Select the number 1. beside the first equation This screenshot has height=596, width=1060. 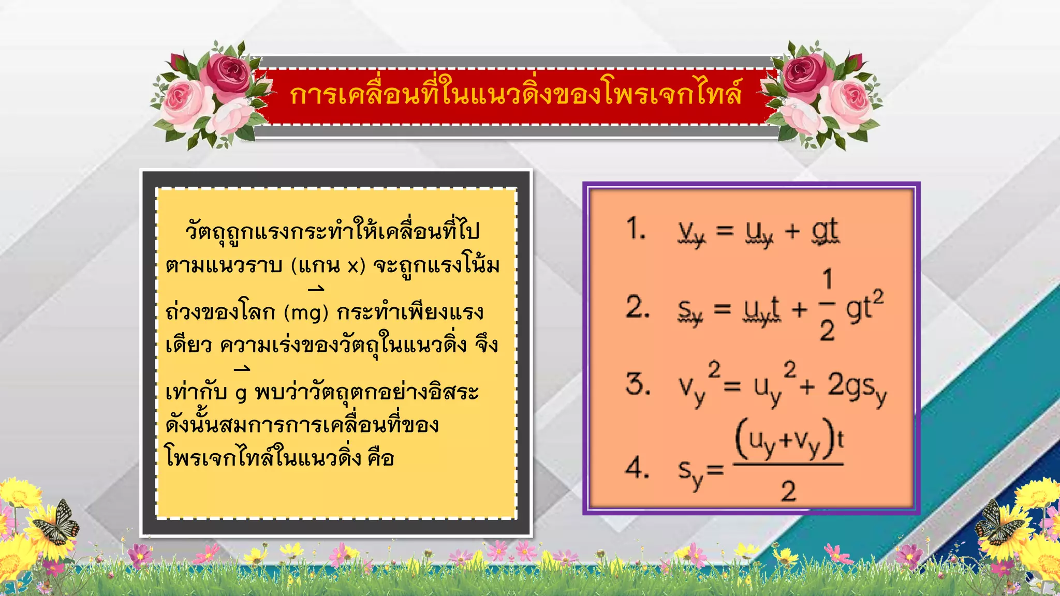pos(636,229)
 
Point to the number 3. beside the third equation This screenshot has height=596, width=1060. pos(638,384)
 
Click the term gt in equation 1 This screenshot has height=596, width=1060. pos(825,231)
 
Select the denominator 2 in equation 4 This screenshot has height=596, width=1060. pos(788,490)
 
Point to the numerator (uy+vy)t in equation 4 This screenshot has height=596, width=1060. pos(789,441)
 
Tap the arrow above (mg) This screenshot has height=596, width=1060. pos(316,289)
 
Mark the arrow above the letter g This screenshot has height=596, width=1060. pos(242,369)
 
